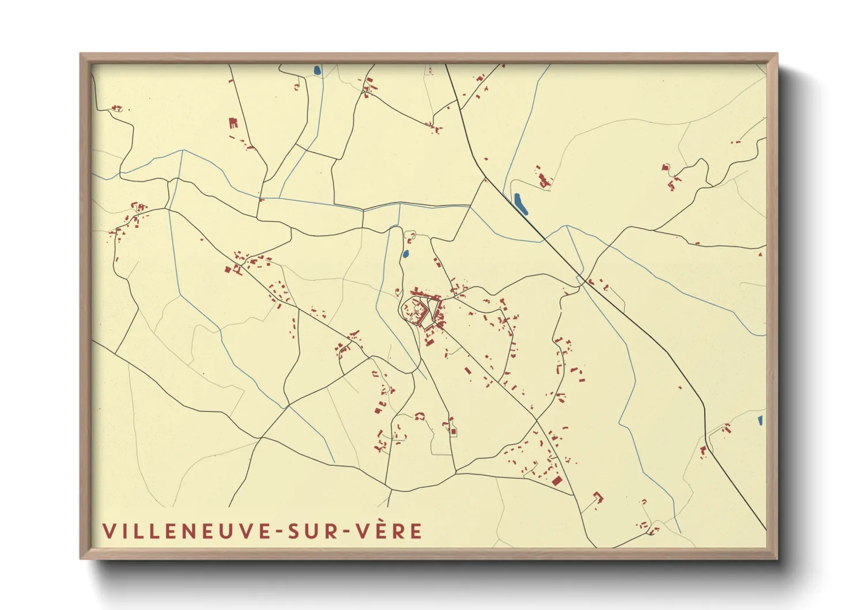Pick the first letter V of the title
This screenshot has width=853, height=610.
click(108, 531)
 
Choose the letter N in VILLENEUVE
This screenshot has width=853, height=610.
click(194, 531)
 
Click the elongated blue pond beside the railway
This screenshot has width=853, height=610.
click(520, 204)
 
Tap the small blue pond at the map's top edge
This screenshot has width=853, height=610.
click(316, 71)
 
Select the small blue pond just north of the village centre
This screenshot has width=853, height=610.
click(406, 253)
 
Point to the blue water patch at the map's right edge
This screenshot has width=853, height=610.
click(760, 420)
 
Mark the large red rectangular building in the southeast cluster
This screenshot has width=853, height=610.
click(556, 480)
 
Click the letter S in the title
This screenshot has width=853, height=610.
click(294, 531)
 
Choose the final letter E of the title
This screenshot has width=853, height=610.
click(416, 531)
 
